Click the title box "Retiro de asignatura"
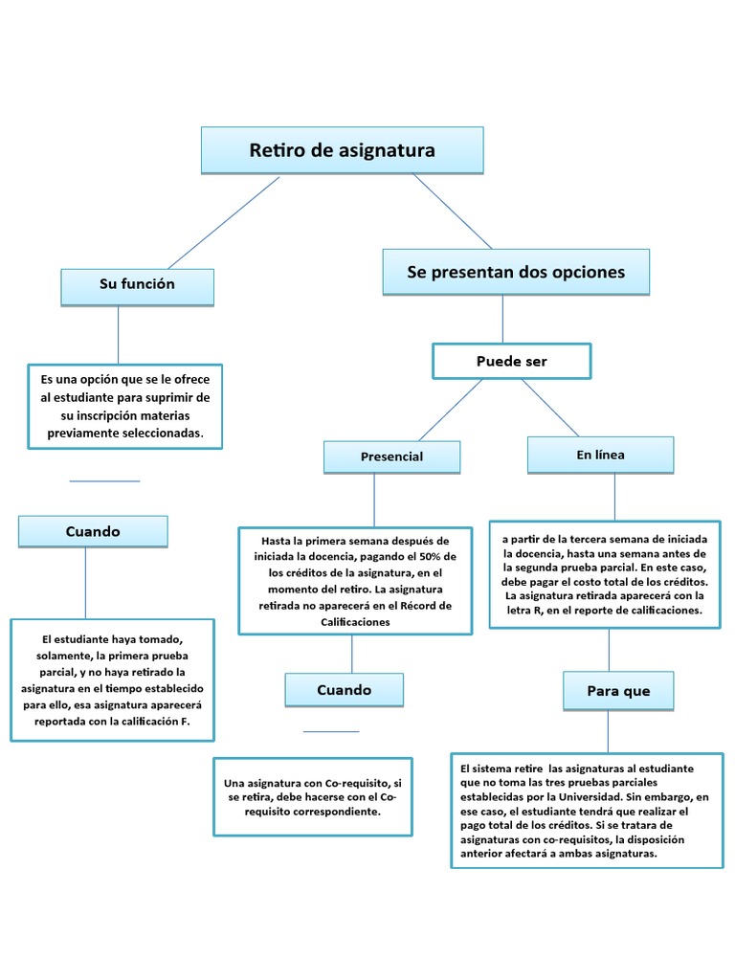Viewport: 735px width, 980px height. [342, 150]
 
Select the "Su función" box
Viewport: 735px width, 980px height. [137, 285]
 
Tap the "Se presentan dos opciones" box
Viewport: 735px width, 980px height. [515, 272]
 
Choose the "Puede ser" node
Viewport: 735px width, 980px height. [511, 361]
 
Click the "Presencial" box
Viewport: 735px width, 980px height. [391, 457]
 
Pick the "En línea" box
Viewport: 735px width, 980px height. [600, 455]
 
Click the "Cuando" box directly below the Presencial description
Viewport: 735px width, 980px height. [344, 689]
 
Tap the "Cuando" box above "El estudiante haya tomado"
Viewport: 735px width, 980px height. [93, 531]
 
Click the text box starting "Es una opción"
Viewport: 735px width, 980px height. [124, 406]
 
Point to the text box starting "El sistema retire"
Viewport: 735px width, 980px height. [586, 810]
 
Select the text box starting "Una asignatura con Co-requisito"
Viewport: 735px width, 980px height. [312, 796]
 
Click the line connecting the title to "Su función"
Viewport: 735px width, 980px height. [224, 223]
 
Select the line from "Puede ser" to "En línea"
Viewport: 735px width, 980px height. [549, 408]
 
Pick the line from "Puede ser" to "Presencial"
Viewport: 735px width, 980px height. [450, 410]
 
